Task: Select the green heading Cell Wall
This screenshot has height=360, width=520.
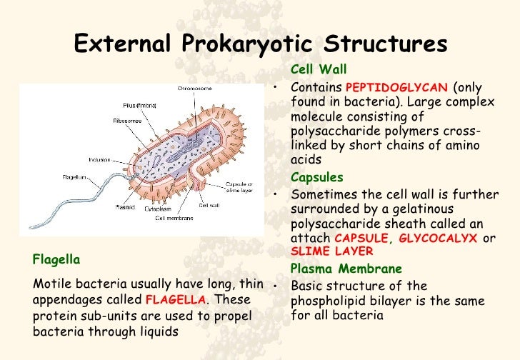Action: [319, 70]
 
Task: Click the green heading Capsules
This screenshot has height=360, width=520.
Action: [317, 177]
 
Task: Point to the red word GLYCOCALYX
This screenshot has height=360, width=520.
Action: [437, 239]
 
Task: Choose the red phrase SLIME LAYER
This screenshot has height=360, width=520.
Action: [332, 251]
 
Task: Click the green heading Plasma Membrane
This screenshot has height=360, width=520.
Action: [346, 269]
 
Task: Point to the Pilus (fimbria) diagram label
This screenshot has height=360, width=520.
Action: [130, 106]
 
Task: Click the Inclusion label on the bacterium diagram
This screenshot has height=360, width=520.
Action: [99, 159]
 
